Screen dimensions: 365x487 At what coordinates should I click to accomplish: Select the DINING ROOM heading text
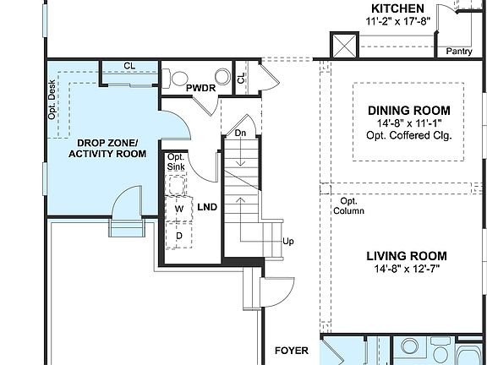point(408,111)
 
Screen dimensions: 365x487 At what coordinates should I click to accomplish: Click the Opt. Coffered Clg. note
point(408,135)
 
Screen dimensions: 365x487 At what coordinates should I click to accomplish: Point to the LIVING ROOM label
point(407,256)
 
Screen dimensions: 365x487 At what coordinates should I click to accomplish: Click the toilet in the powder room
point(222,77)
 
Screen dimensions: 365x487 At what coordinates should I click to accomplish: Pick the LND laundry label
point(207,206)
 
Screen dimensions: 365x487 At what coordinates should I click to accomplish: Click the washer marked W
point(178,208)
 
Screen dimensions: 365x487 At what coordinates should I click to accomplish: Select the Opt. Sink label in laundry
point(176,162)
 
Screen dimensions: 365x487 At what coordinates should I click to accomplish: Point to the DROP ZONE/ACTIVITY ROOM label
point(107,148)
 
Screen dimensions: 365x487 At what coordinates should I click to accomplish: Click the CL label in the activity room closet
point(129,65)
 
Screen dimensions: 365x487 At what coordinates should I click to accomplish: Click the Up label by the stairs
point(287,242)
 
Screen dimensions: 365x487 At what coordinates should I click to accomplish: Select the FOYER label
point(291,350)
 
